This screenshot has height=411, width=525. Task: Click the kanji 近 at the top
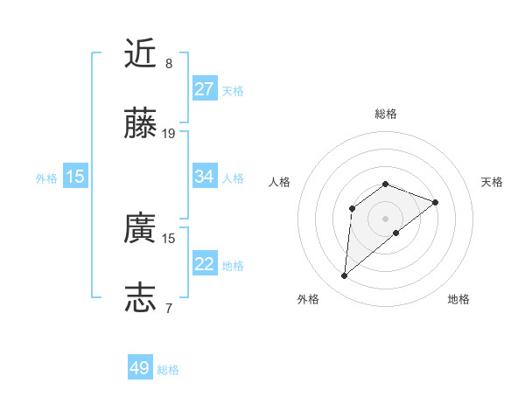[x=141, y=53]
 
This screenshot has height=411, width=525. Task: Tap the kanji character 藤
[x=141, y=124]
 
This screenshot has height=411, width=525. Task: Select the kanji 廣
[x=141, y=228]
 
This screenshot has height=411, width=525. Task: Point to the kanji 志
[x=141, y=297]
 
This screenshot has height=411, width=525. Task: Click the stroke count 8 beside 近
[x=169, y=64]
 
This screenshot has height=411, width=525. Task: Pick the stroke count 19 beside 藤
[x=169, y=134]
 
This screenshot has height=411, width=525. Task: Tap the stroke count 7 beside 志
[x=169, y=308]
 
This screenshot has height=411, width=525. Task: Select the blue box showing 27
[x=205, y=89]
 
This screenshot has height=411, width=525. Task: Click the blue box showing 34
[x=205, y=177]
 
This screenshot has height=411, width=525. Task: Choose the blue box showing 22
[x=205, y=264]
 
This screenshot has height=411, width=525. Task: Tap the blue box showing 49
[x=140, y=368]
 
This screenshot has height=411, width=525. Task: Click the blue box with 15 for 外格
[x=75, y=177]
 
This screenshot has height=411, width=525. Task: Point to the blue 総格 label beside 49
[x=168, y=370]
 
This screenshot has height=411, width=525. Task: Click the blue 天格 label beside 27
[x=233, y=91]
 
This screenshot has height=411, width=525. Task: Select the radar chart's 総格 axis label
[x=386, y=114]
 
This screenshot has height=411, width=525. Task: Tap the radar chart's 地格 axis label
[x=458, y=299]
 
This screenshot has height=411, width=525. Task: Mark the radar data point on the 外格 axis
[x=344, y=276]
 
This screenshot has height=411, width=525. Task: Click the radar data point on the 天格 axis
[x=436, y=202]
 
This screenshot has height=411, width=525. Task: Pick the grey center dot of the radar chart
[x=386, y=218]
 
